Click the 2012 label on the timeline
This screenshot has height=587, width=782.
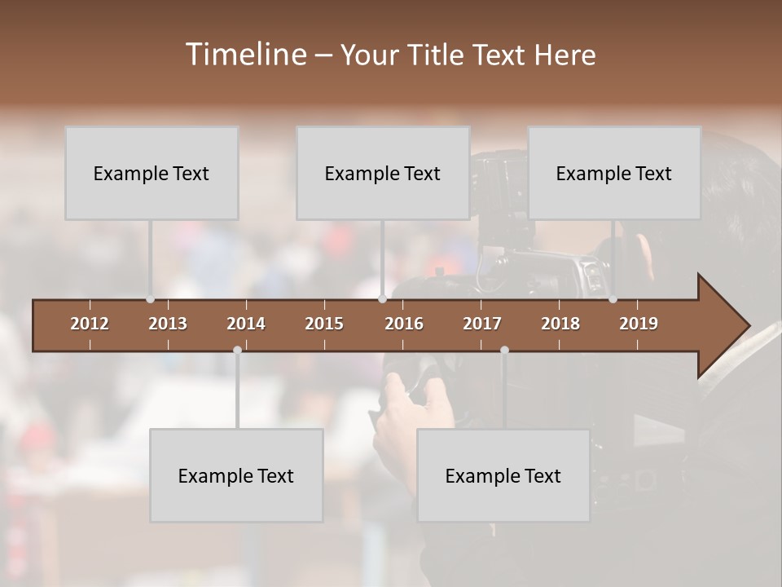pyautogui.click(x=90, y=324)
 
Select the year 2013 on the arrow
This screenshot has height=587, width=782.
pyautogui.click(x=168, y=324)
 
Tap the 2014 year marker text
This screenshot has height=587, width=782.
pyautogui.click(x=246, y=324)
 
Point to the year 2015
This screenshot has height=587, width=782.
pyautogui.click(x=324, y=324)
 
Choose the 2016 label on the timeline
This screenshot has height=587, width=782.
pyautogui.click(x=404, y=324)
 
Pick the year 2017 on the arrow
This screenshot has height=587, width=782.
pyautogui.click(x=482, y=324)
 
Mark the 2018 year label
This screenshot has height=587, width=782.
pyautogui.click(x=560, y=324)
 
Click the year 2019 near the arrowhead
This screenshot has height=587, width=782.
pyautogui.click(x=639, y=324)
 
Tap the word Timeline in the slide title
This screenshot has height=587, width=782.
pyautogui.click(x=244, y=55)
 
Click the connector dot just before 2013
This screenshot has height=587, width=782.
pyautogui.click(x=150, y=299)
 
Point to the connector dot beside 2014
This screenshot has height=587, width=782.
pyautogui.click(x=237, y=350)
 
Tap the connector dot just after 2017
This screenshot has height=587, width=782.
pyautogui.click(x=504, y=350)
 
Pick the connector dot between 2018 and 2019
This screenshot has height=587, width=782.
pyautogui.click(x=613, y=299)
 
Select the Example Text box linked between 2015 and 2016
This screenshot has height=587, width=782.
pyautogui.click(x=383, y=173)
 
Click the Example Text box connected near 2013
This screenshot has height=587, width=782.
pyautogui.click(x=152, y=173)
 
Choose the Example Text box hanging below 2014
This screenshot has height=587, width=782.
pyautogui.click(x=236, y=475)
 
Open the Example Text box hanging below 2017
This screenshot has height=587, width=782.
pyautogui.click(x=503, y=475)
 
